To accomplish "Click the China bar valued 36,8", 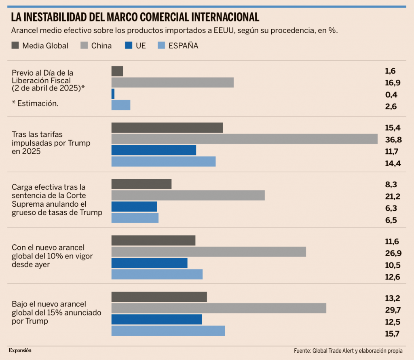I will click(x=244, y=139).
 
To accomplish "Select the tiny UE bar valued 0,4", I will click(x=113, y=94).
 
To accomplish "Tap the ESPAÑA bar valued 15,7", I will click(x=168, y=330).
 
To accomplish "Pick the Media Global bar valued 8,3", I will click(x=141, y=184).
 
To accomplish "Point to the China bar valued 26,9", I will click(x=208, y=252).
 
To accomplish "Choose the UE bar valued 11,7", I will click(x=154, y=150).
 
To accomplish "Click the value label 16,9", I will click(x=393, y=83).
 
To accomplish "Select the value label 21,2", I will click(x=393, y=197).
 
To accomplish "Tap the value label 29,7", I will click(x=393, y=310).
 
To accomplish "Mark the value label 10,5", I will click(x=393, y=265).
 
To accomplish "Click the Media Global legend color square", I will click(x=15, y=45).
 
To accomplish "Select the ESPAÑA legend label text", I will click(x=184, y=45).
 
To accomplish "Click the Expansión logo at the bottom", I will click(x=20, y=350).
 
